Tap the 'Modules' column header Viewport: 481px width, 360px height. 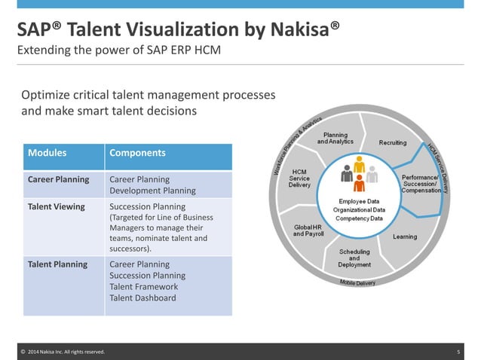click(47, 153)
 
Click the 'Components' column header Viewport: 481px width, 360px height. click(138, 153)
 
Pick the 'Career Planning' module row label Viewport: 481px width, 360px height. click(59, 179)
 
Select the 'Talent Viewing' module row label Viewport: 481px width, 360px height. click(57, 206)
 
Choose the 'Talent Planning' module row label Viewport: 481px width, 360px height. click(58, 264)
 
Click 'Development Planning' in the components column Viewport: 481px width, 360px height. click(152, 191)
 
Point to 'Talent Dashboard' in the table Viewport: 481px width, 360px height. click(142, 298)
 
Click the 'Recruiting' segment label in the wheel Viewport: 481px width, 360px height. click(393, 142)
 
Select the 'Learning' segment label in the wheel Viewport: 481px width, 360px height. click(405, 236)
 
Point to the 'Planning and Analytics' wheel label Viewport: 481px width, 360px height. click(335, 138)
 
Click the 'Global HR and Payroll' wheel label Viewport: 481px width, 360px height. click(308, 230)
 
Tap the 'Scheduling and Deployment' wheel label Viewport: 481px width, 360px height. click(354, 258)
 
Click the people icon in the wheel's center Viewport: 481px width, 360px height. click(359, 172)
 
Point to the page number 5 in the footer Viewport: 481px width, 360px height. click(458, 352)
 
